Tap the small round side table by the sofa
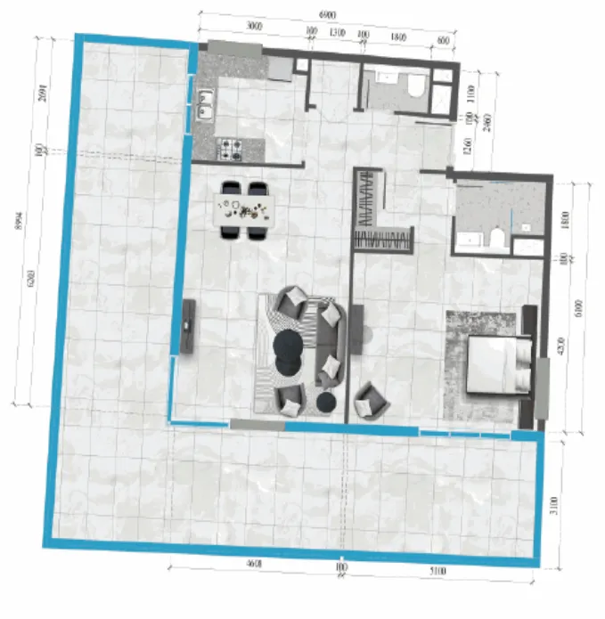pyautogui.click(x=326, y=403)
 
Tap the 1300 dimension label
pyautogui.click(x=337, y=32)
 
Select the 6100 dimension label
pyautogui.click(x=579, y=308)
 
